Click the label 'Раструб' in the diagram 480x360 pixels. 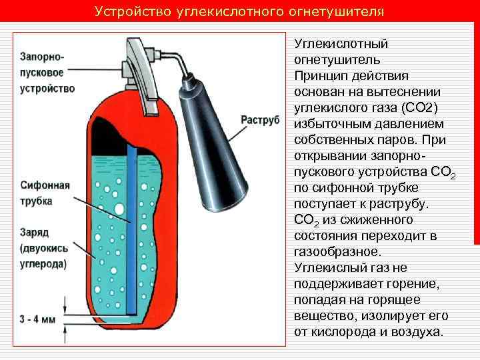260,119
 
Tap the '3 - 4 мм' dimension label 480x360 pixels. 38,319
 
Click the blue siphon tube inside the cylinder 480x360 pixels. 131,233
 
